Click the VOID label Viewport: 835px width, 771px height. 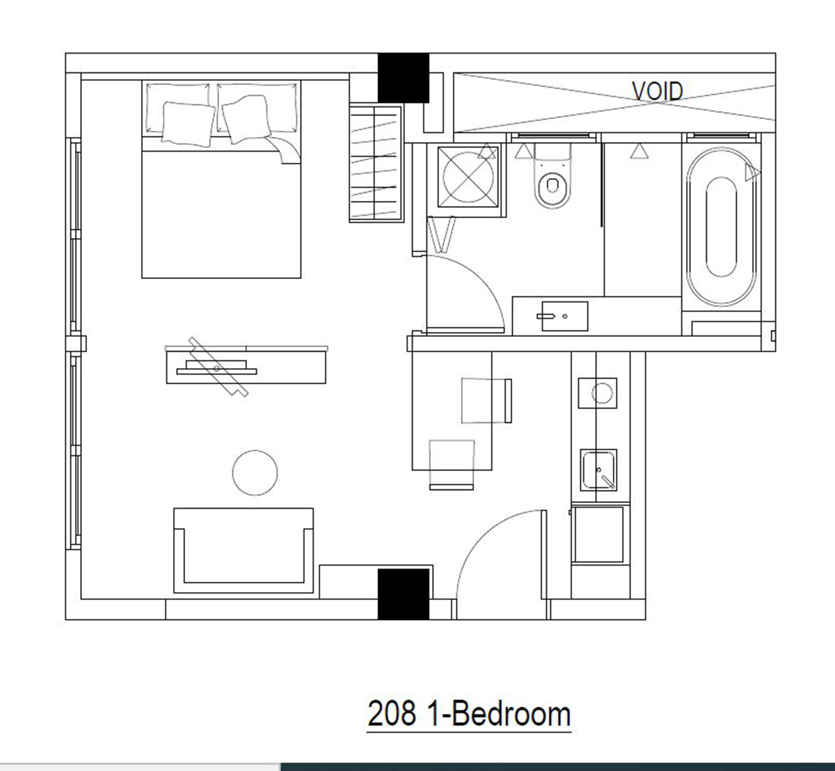[x=657, y=91]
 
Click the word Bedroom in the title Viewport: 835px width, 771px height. [x=511, y=714]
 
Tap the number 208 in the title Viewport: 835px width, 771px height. [x=392, y=714]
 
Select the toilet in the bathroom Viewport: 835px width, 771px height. [x=552, y=176]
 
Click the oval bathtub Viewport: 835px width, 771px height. [x=721, y=227]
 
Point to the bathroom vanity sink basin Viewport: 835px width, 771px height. [x=564, y=316]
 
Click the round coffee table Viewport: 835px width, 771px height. [x=255, y=472]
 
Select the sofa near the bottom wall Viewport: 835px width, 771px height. [x=244, y=550]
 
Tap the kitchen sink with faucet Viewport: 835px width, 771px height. [x=598, y=470]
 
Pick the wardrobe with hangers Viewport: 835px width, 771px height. [x=376, y=164]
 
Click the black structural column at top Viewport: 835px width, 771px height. [x=403, y=78]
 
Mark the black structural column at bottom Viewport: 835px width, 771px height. [x=403, y=594]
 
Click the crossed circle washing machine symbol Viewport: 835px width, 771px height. [x=468, y=177]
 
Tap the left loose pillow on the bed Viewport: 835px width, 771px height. [x=189, y=124]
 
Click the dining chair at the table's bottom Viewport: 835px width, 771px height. [x=452, y=465]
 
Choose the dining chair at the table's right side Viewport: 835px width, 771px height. [x=486, y=400]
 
